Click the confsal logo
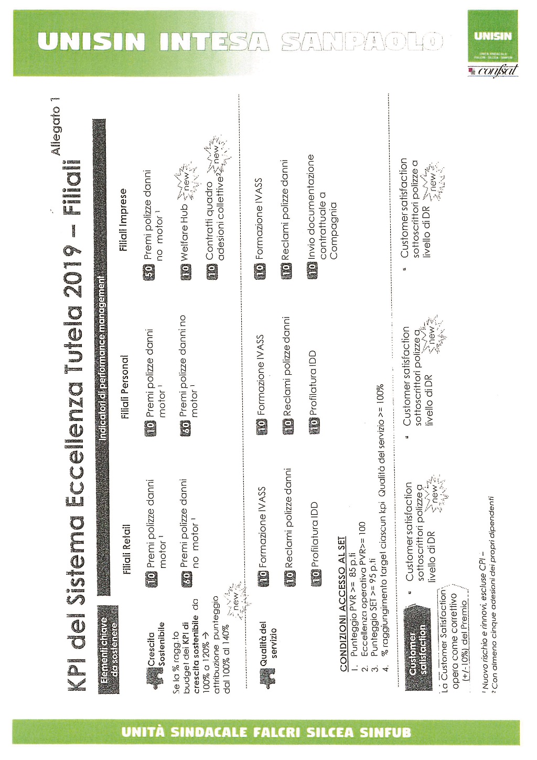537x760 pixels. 496,70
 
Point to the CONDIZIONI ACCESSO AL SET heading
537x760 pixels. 342,603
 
